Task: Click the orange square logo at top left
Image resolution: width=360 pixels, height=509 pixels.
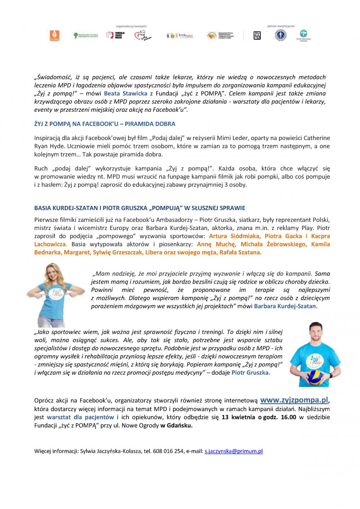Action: coord(55,35)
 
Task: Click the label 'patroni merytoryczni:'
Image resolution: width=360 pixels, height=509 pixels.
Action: coord(281,26)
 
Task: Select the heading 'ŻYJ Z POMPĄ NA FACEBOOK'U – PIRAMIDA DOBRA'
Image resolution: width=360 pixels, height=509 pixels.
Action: coord(105,124)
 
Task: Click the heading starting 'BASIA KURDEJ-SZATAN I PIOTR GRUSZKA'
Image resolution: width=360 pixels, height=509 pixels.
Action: coord(140,208)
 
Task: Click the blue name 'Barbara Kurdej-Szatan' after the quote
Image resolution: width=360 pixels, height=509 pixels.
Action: coord(285,306)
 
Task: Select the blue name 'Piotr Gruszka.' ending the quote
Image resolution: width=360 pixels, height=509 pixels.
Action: coord(251,373)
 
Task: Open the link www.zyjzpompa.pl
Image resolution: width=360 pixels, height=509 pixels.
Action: coord(294,400)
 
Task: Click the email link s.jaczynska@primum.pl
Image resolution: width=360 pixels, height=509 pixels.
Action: coord(234,451)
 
